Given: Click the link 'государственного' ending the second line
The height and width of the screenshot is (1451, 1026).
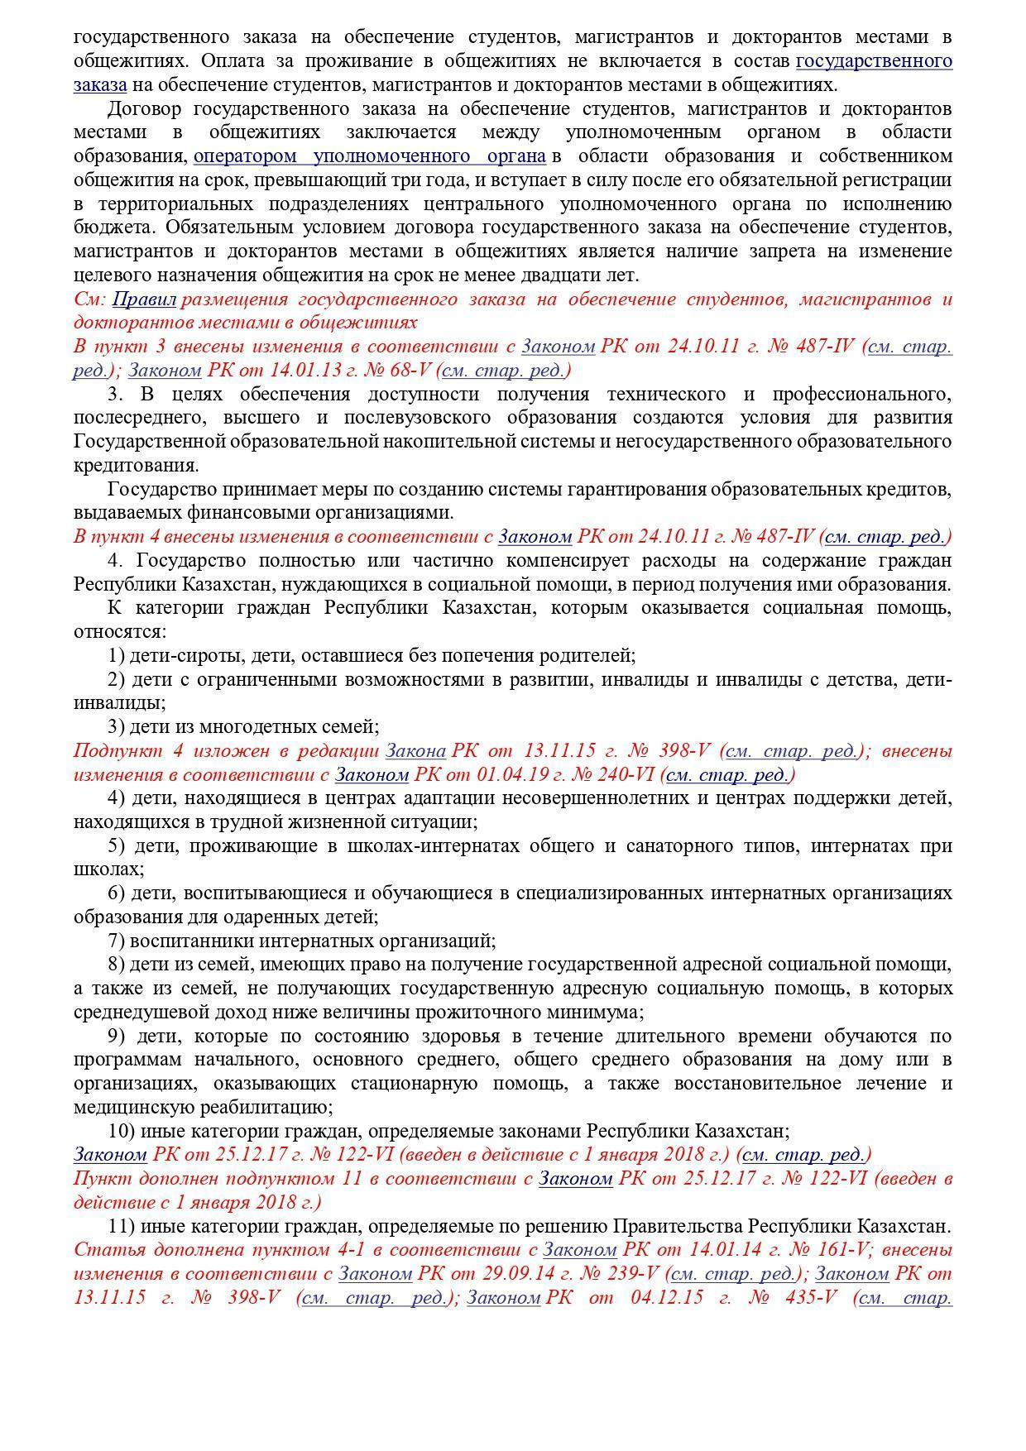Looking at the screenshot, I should pyautogui.click(x=874, y=61).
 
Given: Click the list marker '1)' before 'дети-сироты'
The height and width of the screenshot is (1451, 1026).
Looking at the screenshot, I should pyautogui.click(x=116, y=656).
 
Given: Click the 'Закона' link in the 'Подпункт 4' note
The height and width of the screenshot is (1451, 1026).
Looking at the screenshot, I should pyautogui.click(x=415, y=751).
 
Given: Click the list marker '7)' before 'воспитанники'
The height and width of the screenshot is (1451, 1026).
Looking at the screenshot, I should pyautogui.click(x=116, y=941).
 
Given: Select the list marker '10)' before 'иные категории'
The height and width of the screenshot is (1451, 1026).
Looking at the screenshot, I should pyautogui.click(x=121, y=1131).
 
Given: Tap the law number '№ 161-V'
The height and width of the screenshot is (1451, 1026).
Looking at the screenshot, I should pyautogui.click(x=823, y=1250).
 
